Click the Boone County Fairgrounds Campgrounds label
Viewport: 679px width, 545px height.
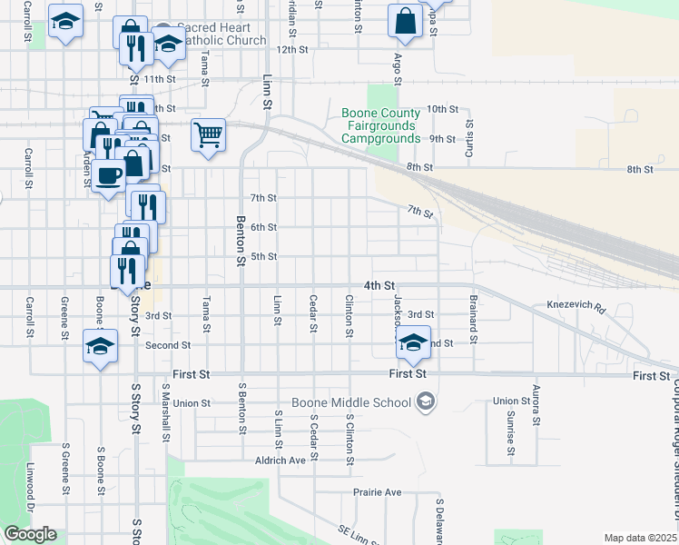point(380,125)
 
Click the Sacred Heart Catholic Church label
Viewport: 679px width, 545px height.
point(221,35)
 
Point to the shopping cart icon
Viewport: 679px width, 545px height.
point(208,136)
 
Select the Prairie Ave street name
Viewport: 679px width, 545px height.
point(377,492)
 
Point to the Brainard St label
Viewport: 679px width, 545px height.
point(473,312)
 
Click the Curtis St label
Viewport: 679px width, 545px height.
point(469,137)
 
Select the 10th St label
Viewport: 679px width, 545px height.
point(442,109)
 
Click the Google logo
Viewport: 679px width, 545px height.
point(30,534)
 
